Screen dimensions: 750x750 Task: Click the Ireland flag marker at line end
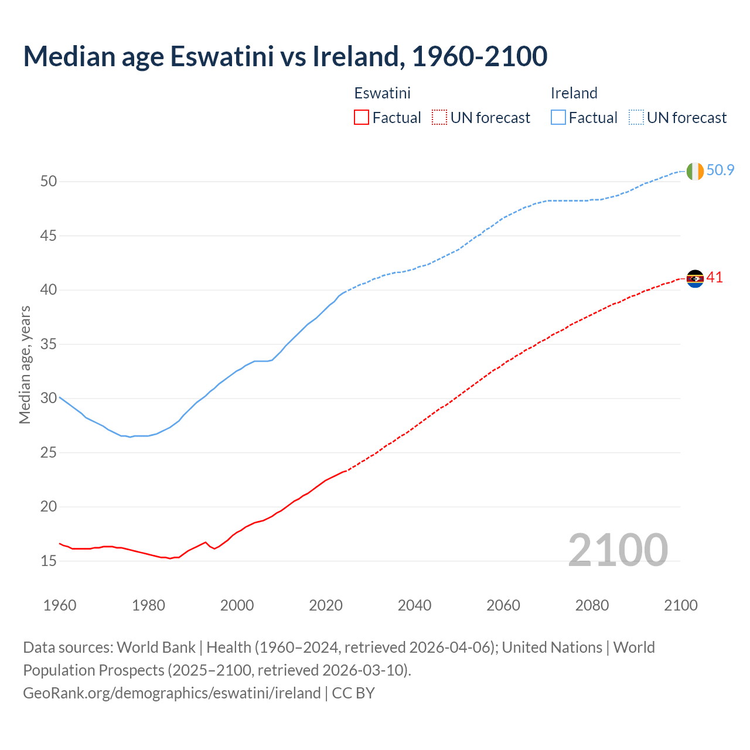click(x=695, y=171)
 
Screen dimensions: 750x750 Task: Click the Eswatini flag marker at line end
click(x=695, y=278)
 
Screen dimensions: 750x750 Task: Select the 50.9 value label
click(x=720, y=171)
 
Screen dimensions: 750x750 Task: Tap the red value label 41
click(x=714, y=278)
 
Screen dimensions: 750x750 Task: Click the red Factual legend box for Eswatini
click(x=362, y=118)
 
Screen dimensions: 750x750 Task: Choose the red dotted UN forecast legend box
click(x=439, y=118)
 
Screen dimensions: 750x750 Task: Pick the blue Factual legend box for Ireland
click(x=558, y=118)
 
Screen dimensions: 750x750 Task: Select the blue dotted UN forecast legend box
click(x=636, y=118)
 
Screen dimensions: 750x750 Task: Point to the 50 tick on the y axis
click(x=49, y=182)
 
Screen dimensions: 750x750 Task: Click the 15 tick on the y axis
click(x=49, y=561)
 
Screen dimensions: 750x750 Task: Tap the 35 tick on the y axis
click(x=49, y=345)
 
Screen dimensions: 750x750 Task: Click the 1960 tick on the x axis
click(x=60, y=605)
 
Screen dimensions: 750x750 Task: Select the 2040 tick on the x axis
click(x=414, y=605)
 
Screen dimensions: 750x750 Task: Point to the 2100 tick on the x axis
click(x=680, y=605)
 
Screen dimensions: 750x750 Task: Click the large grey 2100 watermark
click(x=618, y=550)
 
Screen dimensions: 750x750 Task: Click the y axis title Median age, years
click(x=25, y=364)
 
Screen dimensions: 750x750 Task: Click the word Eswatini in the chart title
click(x=222, y=56)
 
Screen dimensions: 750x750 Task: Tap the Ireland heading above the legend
click(x=574, y=93)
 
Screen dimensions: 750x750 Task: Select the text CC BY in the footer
click(x=353, y=693)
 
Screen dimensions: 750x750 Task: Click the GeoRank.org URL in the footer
click(x=172, y=693)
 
